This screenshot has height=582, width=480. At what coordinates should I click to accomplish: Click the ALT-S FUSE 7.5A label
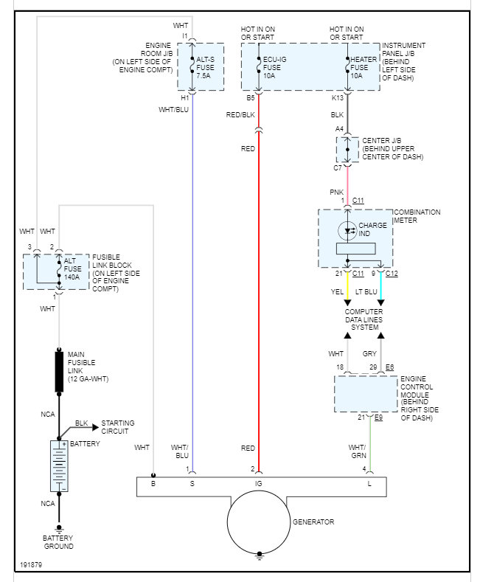click(x=205, y=68)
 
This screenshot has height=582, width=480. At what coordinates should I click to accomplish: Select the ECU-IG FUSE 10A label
click(x=274, y=68)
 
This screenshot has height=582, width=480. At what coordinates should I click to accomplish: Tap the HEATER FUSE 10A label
click(x=364, y=68)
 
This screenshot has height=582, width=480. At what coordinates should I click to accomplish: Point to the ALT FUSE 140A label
click(x=72, y=269)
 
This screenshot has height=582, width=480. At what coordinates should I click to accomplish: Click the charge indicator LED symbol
click(x=347, y=231)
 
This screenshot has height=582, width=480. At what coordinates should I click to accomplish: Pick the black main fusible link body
click(x=59, y=371)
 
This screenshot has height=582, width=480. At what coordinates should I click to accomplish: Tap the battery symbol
click(x=59, y=466)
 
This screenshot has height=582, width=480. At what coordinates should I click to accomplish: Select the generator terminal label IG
click(x=259, y=484)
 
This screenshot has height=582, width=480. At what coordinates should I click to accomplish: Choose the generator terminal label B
click(x=153, y=484)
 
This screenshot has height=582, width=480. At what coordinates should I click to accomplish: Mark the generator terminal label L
click(x=369, y=484)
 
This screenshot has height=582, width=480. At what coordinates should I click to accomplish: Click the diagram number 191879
click(x=31, y=564)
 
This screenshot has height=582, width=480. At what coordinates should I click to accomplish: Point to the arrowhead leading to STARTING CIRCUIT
click(x=95, y=427)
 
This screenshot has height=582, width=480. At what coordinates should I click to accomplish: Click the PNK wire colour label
click(x=337, y=193)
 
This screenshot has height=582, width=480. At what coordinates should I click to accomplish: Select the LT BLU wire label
click(x=366, y=292)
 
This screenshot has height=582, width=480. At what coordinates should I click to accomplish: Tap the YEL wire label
click(x=337, y=292)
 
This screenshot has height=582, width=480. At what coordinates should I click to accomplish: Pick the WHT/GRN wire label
click(x=357, y=451)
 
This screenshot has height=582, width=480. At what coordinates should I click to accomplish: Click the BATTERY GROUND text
click(x=58, y=542)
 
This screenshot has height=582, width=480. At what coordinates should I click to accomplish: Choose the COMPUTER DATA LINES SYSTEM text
click(x=364, y=319)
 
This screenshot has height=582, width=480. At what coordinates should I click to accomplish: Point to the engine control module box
click(x=366, y=393)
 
